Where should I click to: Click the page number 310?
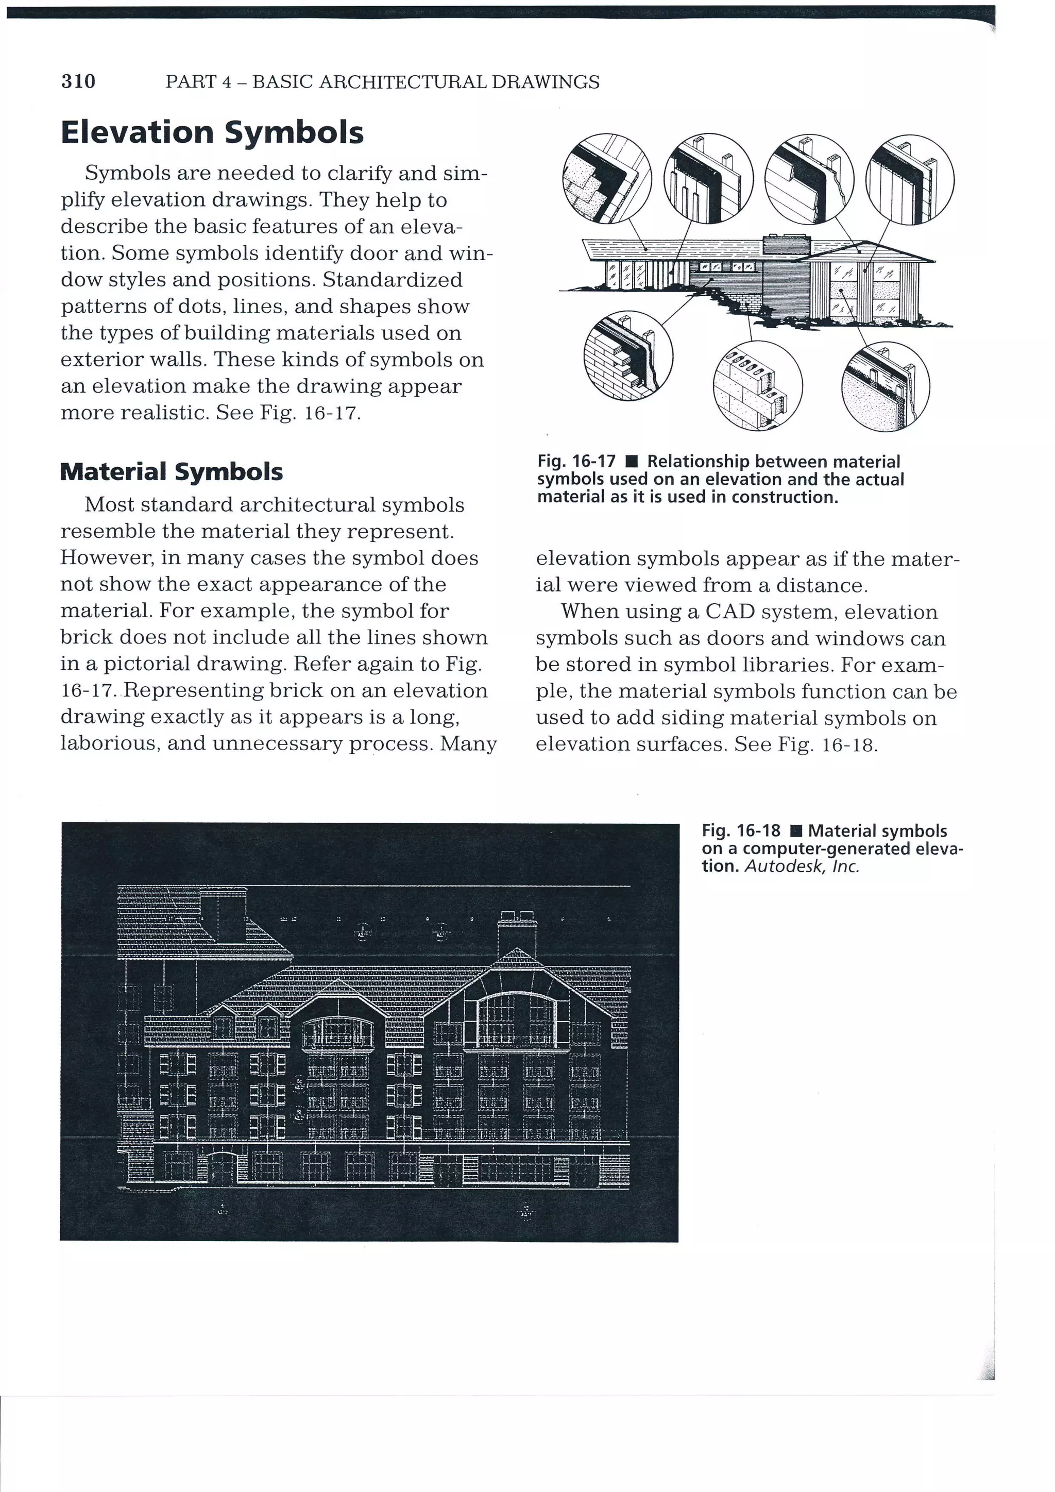[x=78, y=81]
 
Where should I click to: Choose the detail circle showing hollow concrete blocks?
[x=757, y=386]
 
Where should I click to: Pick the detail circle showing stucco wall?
[x=885, y=386]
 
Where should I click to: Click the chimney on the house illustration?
[x=787, y=245]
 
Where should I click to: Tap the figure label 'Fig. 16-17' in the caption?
[x=576, y=462]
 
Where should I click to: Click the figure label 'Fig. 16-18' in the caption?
[x=741, y=830]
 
